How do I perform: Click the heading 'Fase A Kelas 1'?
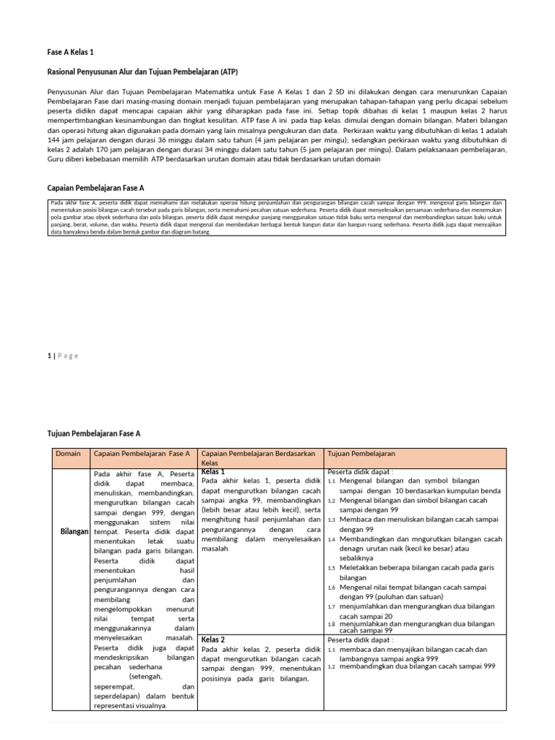tap(71, 53)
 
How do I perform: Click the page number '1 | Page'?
tap(62, 355)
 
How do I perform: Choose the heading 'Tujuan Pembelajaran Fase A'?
tap(93, 433)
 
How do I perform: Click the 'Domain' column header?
tap(68, 453)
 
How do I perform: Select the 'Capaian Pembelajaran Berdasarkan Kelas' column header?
tap(259, 457)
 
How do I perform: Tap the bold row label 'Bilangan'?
tap(74, 531)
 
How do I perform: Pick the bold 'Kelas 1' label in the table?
tap(213, 471)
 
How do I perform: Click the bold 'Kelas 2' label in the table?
tap(213, 640)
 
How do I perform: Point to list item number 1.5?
tap(331, 568)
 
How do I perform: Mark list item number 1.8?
tap(331, 624)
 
